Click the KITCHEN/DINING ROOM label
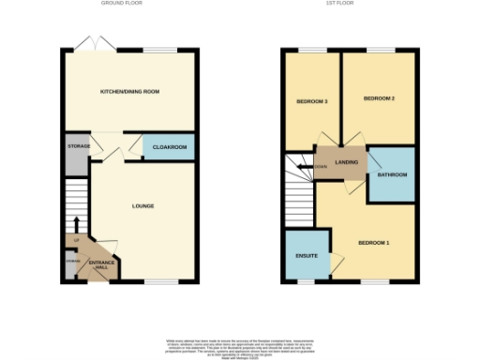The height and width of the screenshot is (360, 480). [129, 91]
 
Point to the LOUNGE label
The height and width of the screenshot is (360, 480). [142, 205]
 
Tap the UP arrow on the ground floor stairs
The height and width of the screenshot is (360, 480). [76, 225]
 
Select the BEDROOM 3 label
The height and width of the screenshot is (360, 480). [312, 101]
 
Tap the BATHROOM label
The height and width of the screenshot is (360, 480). [393, 174]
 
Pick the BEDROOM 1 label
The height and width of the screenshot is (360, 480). [374, 244]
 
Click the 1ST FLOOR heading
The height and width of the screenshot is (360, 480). [350, 4]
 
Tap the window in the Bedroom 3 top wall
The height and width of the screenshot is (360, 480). [312, 51]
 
